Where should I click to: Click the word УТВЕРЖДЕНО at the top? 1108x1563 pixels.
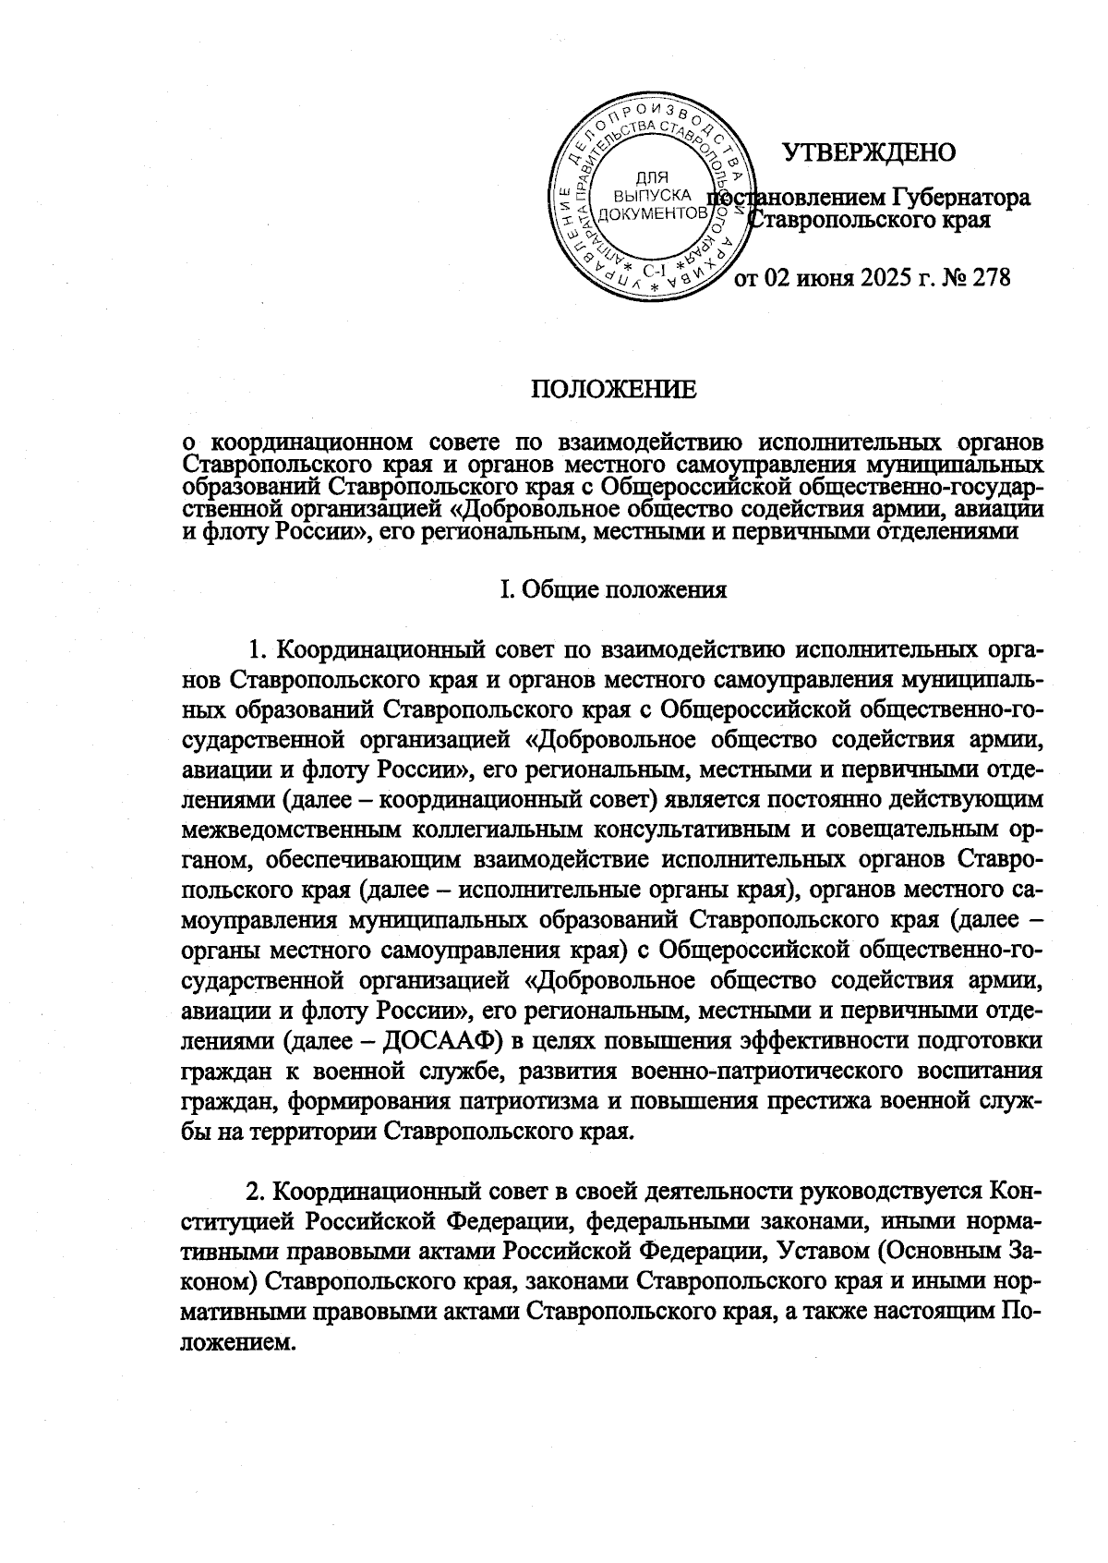869,152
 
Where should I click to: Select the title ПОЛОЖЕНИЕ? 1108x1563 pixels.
613,391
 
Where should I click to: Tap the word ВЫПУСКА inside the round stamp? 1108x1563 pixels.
654,196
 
